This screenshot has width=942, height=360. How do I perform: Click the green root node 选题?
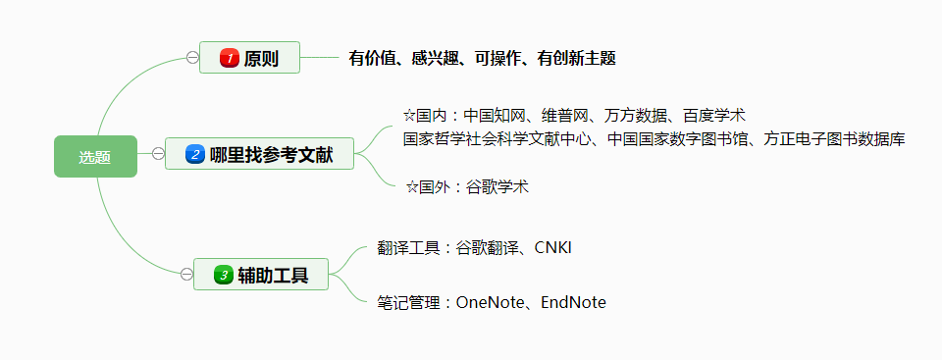coord(95,157)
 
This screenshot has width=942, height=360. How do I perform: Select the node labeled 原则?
coord(261,59)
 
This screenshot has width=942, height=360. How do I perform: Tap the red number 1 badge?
coord(230,59)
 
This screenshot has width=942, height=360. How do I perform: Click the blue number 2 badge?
coord(194,154)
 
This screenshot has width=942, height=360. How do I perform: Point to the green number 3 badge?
coord(223,275)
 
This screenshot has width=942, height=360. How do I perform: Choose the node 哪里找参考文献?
coord(271,154)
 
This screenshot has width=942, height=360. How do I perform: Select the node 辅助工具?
coord(273,275)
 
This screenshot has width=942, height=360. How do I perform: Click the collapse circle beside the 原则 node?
coord(192,58)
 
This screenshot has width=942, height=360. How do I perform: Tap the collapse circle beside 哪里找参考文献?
coord(158,153)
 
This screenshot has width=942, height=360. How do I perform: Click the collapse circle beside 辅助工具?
coord(186,274)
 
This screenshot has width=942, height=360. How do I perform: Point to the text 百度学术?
coord(714,116)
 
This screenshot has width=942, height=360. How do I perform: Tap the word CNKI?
coord(552,247)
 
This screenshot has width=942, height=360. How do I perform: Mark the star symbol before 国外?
coord(412,187)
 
